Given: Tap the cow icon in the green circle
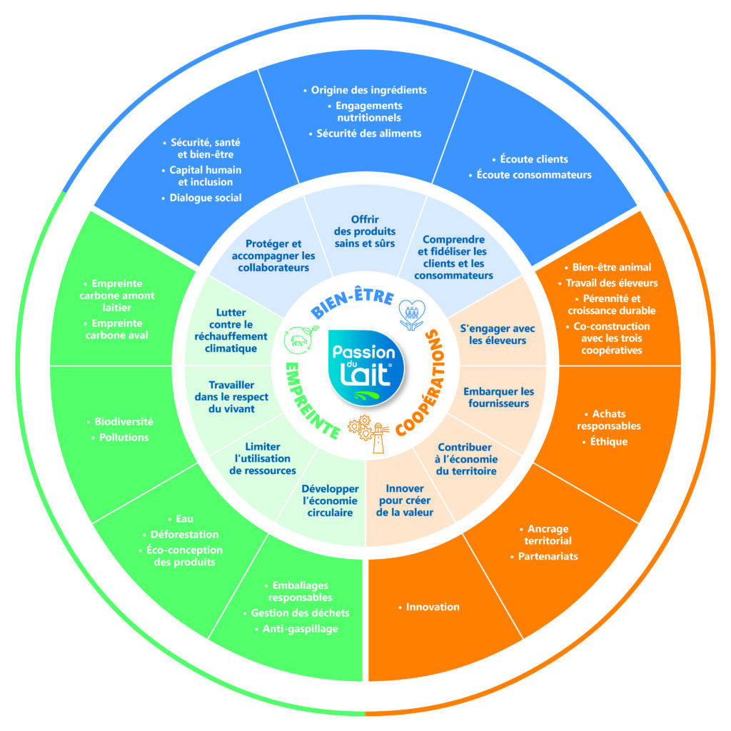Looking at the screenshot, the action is tap(301, 340).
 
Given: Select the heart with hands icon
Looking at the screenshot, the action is tap(412, 315).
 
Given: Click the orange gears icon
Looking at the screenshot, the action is tap(361, 428).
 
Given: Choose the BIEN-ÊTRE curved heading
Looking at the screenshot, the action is tap(353, 301).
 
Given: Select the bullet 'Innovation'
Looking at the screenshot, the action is tap(429, 607).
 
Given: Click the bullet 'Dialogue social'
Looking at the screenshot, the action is tap(201, 198).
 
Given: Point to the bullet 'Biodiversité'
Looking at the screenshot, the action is tap(120, 421).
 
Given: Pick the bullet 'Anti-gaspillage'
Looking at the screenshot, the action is tap(296, 629).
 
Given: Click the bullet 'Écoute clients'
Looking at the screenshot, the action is tap(530, 159).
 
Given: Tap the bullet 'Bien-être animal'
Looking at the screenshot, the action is tap(608, 267).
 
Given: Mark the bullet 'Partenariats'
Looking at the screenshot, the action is tap(544, 556).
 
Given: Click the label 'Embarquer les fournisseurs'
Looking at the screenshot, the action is tap(499, 397).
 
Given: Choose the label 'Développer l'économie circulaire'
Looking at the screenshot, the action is tap(330, 500).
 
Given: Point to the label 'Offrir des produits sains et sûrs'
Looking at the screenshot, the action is tap(365, 231).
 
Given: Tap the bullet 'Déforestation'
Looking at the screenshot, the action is tap(181, 534).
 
